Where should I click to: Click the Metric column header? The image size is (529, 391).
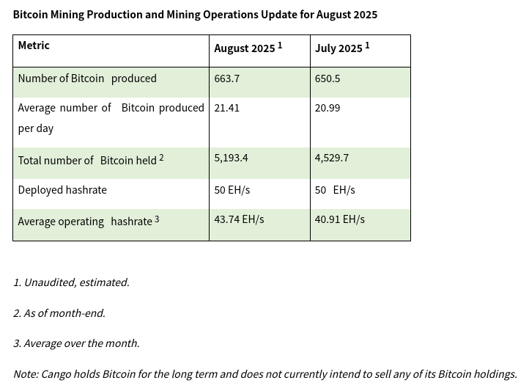34,45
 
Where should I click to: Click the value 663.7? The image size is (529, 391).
226,78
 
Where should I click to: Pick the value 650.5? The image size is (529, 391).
328,78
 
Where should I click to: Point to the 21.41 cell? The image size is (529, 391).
226,108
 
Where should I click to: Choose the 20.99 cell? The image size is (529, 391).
328,108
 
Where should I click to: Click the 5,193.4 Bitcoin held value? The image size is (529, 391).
231,158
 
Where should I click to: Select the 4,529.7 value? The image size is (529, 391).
332,158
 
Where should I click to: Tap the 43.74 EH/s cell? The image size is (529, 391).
239,219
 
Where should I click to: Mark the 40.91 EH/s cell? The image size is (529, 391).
339,219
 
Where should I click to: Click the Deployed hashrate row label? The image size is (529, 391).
62,190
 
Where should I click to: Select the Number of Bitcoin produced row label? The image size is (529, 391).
87,78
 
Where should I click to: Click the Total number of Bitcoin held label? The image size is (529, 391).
87,160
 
